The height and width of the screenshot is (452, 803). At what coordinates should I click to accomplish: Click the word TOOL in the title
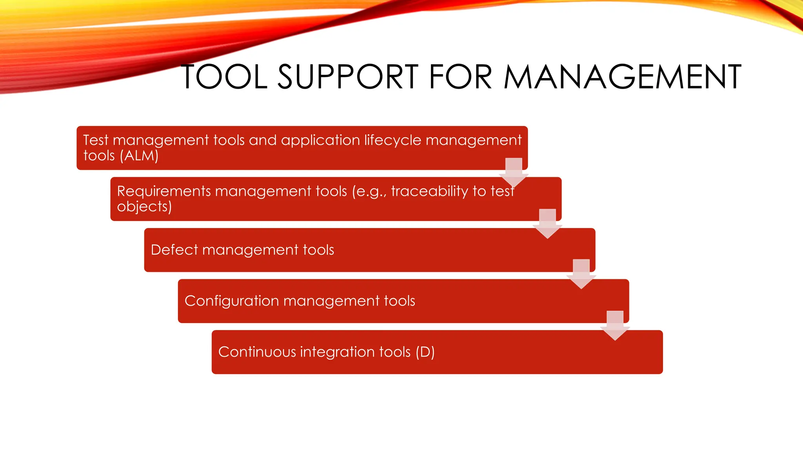[x=224, y=77]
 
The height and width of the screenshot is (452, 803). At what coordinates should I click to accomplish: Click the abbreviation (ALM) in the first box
[x=139, y=156]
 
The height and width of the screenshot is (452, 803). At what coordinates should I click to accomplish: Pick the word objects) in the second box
[x=144, y=207]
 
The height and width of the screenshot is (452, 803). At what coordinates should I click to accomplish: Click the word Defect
[x=174, y=250]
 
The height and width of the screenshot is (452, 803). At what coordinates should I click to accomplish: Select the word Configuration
[x=231, y=301]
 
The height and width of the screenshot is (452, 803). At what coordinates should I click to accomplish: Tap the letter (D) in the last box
[x=425, y=352]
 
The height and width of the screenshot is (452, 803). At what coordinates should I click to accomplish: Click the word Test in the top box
[x=96, y=140]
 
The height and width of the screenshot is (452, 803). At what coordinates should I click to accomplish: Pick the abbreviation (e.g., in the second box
[x=369, y=191]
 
